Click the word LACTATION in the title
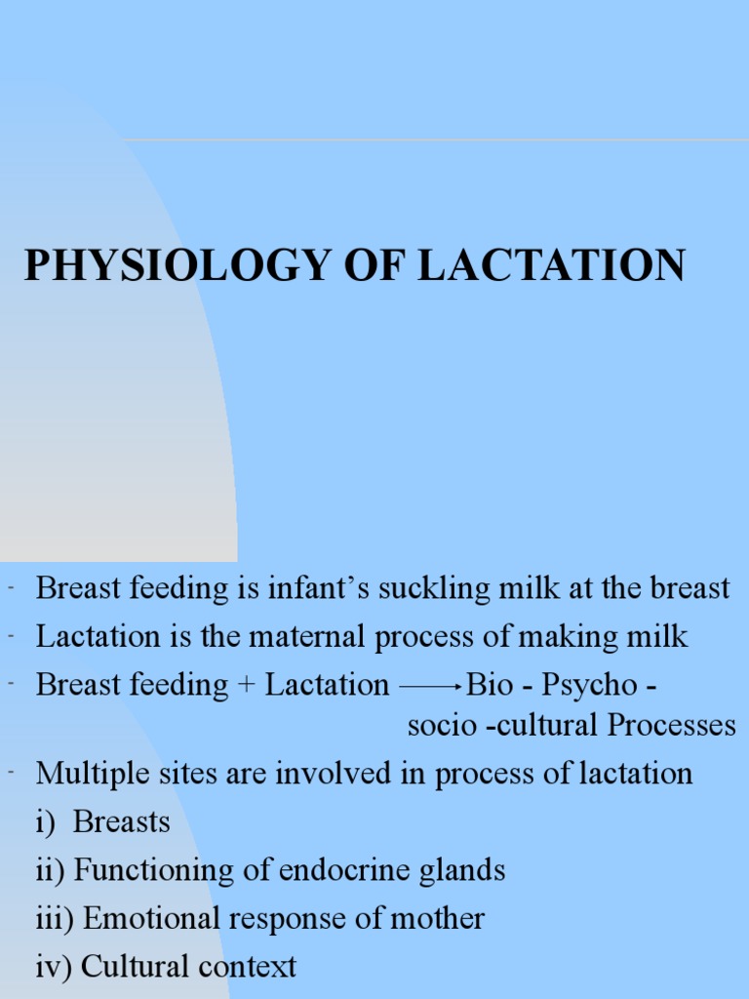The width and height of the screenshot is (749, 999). (552, 266)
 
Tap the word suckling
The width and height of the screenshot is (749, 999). (430, 588)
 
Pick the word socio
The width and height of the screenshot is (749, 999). (441, 726)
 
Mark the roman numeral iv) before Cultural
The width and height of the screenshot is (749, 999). (54, 966)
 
